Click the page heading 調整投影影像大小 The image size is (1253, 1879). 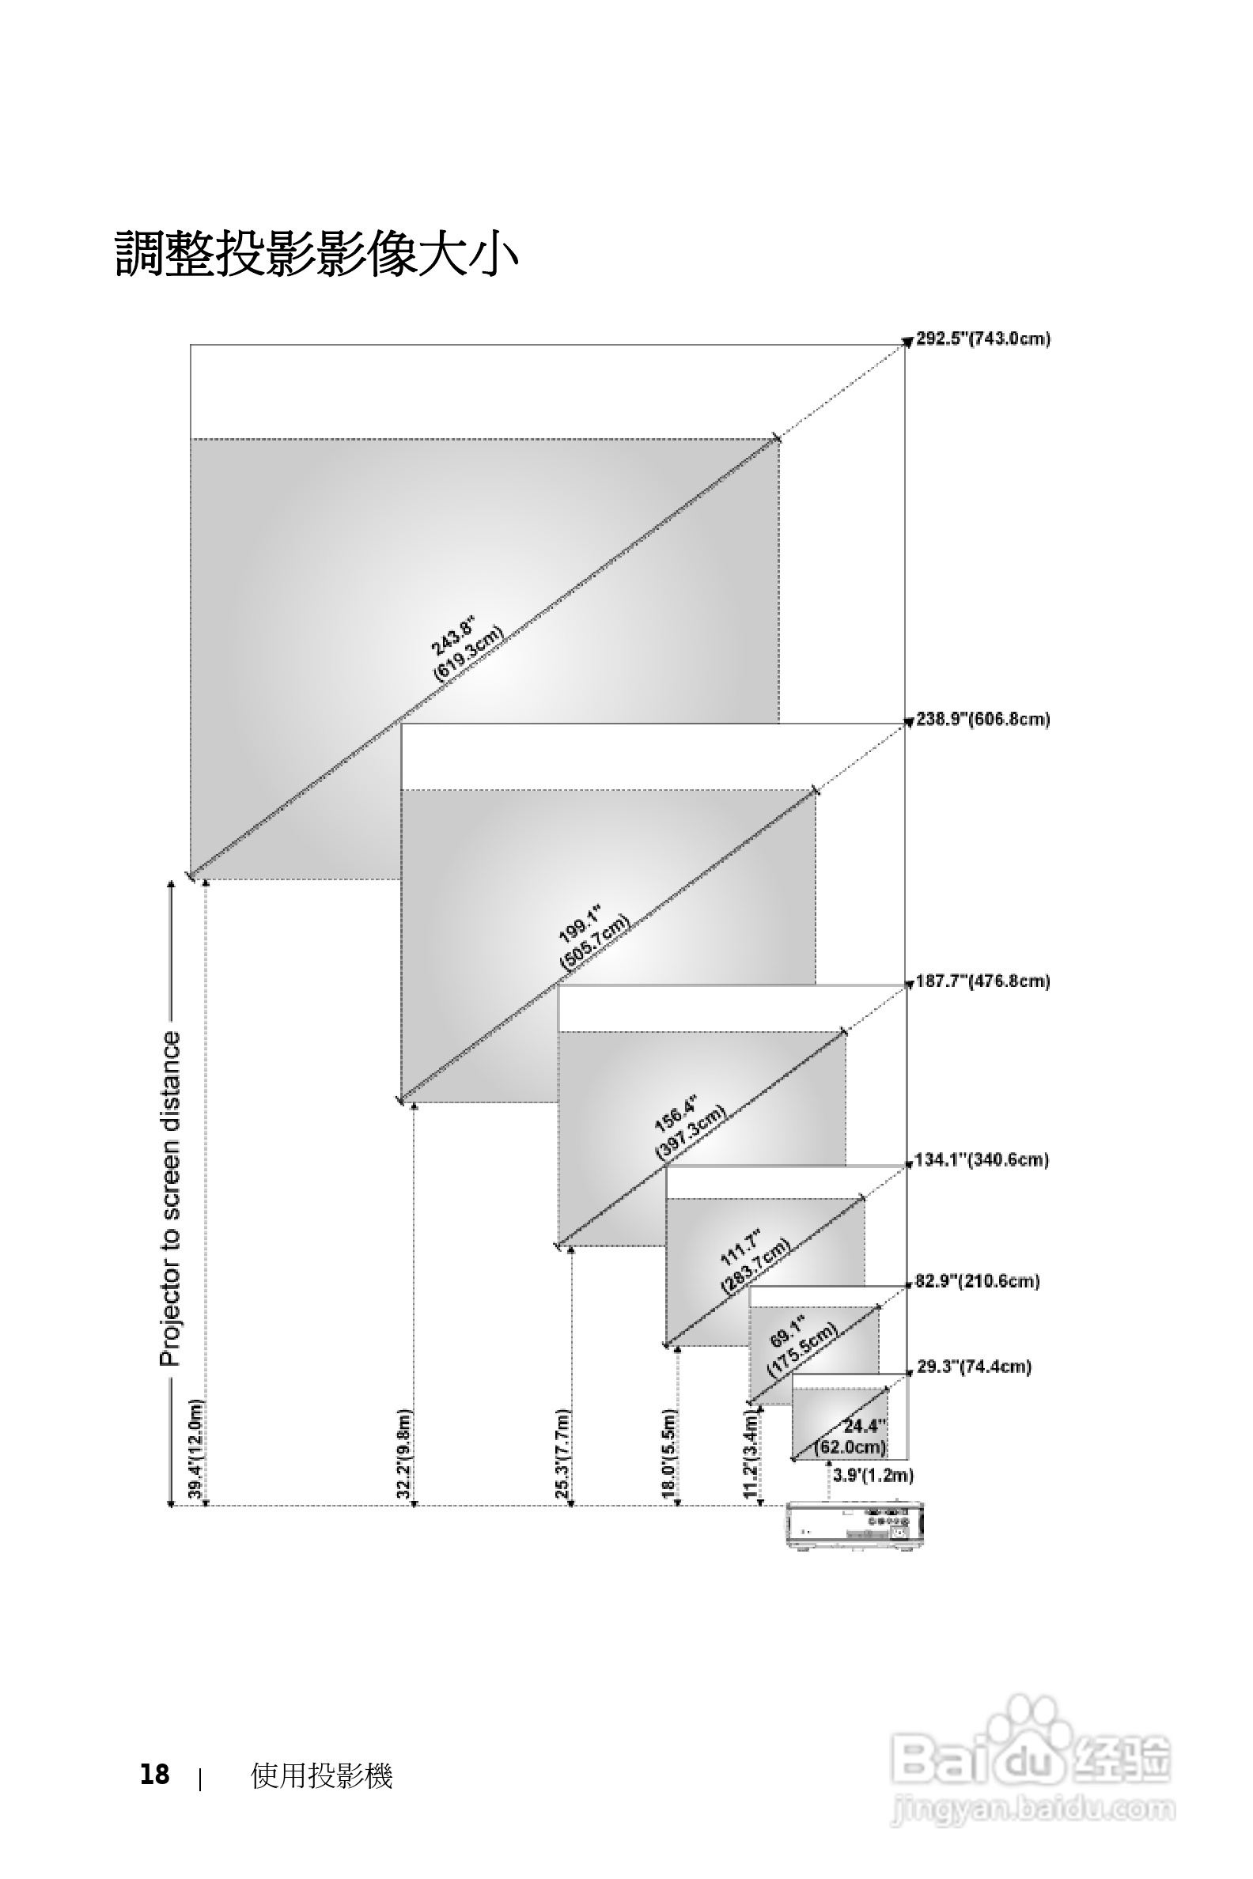(x=317, y=254)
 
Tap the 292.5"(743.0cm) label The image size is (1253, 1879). (x=982, y=338)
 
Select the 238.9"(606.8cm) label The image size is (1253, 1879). (x=982, y=719)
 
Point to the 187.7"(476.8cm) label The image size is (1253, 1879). (x=982, y=981)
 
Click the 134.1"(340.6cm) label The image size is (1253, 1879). (x=981, y=1160)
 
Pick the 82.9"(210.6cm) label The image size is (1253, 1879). (x=976, y=1281)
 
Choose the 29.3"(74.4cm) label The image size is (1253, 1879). (x=973, y=1367)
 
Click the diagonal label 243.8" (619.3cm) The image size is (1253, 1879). (x=468, y=648)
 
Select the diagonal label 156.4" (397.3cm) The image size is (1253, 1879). (x=688, y=1127)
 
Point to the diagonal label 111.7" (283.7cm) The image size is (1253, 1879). (x=754, y=1261)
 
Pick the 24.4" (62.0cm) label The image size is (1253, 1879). (x=853, y=1436)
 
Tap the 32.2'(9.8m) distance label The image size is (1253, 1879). (x=403, y=1454)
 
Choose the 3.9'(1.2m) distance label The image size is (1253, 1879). (x=873, y=1476)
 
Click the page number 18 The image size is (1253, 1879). (x=155, y=1775)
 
